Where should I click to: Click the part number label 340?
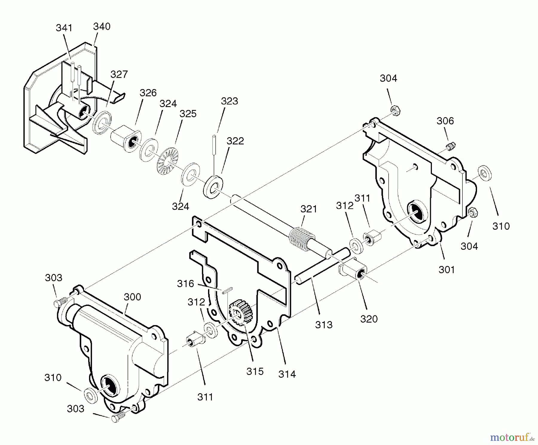[102, 27]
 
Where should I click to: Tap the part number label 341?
[64, 28]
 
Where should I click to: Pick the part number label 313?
[324, 324]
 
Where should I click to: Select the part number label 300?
[132, 297]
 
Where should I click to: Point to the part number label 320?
[369, 319]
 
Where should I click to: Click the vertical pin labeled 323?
[214, 144]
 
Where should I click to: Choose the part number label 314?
[287, 374]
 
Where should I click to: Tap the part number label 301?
[447, 269]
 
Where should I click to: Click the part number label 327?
[119, 74]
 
